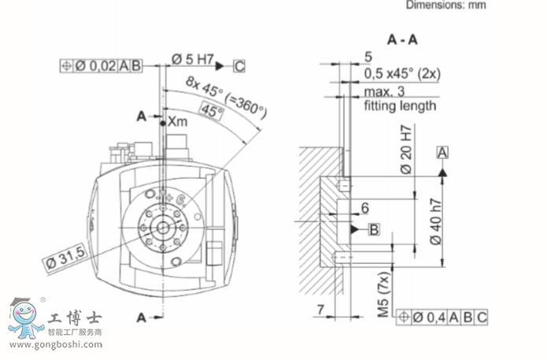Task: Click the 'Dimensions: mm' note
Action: (445, 6)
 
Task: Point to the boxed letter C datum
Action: (238, 65)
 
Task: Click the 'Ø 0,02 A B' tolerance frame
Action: (101, 66)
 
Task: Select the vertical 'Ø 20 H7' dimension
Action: (406, 150)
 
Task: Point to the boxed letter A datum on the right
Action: (443, 150)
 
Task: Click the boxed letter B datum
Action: (374, 229)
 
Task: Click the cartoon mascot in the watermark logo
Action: (25, 319)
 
